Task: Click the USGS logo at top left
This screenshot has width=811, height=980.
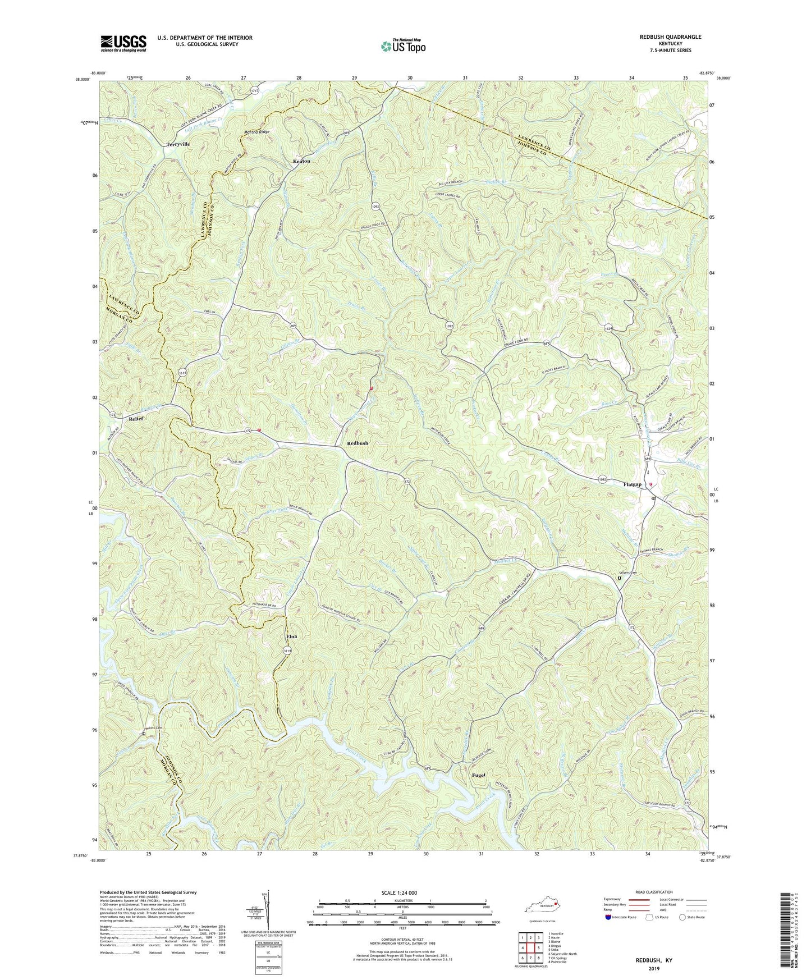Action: [x=123, y=43]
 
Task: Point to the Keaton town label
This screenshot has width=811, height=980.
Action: [x=301, y=161]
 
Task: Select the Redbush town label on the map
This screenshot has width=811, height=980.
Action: [x=358, y=443]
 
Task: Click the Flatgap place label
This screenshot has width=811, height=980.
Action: [x=632, y=484]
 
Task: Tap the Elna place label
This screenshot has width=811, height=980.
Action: [x=291, y=636]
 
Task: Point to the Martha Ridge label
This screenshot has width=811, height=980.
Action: [x=256, y=132]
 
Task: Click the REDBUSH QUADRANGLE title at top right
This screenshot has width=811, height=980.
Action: [x=670, y=37]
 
